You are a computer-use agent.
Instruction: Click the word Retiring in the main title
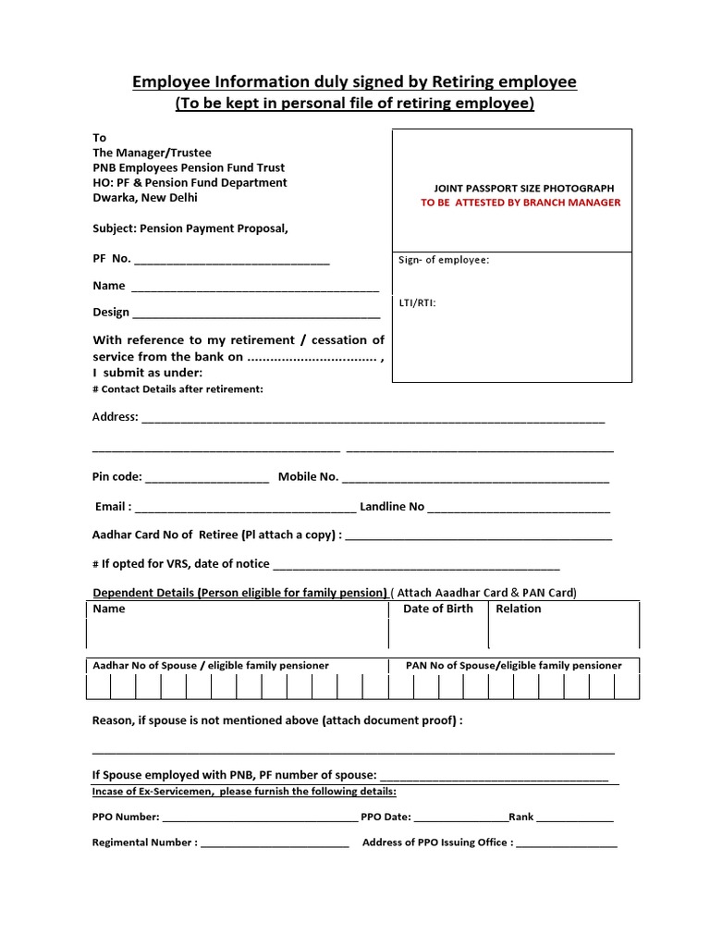pyautogui.click(x=433, y=82)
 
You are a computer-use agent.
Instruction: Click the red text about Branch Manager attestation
pyautogui.click(x=520, y=203)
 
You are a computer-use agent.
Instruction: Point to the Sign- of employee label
pyautogui.click(x=444, y=260)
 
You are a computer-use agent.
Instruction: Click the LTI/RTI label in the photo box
pyautogui.click(x=417, y=302)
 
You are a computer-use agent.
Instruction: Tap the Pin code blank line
pyautogui.click(x=207, y=479)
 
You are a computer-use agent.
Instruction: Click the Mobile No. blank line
pyautogui.click(x=475, y=479)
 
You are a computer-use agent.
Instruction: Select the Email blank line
pyautogui.click(x=245, y=509)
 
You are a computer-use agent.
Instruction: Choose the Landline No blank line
pyautogui.click(x=519, y=509)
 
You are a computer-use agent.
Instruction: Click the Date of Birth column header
pyautogui.click(x=437, y=609)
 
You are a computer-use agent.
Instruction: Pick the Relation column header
pyautogui.click(x=519, y=609)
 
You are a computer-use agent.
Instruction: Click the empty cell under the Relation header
pyautogui.click(x=563, y=633)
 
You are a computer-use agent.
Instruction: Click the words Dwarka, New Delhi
pyautogui.click(x=145, y=197)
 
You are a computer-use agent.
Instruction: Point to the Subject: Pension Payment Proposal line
pyautogui.click(x=190, y=228)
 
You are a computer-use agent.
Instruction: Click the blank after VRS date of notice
pyautogui.click(x=416, y=566)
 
